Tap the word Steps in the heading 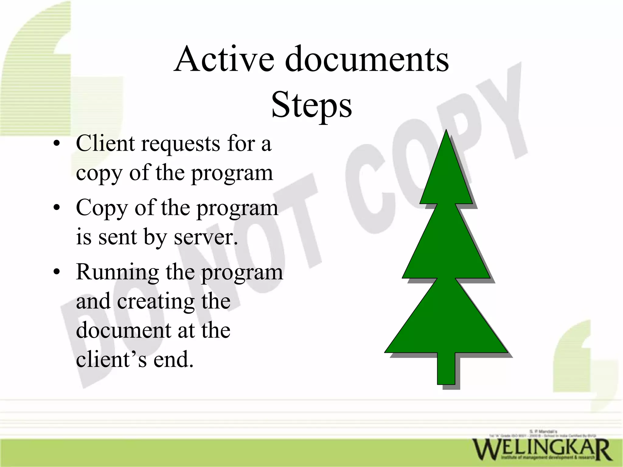tap(311, 105)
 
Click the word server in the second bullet tap(206, 237)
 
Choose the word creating tap(155, 302)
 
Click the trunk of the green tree tap(446, 368)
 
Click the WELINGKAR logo tap(541, 449)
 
